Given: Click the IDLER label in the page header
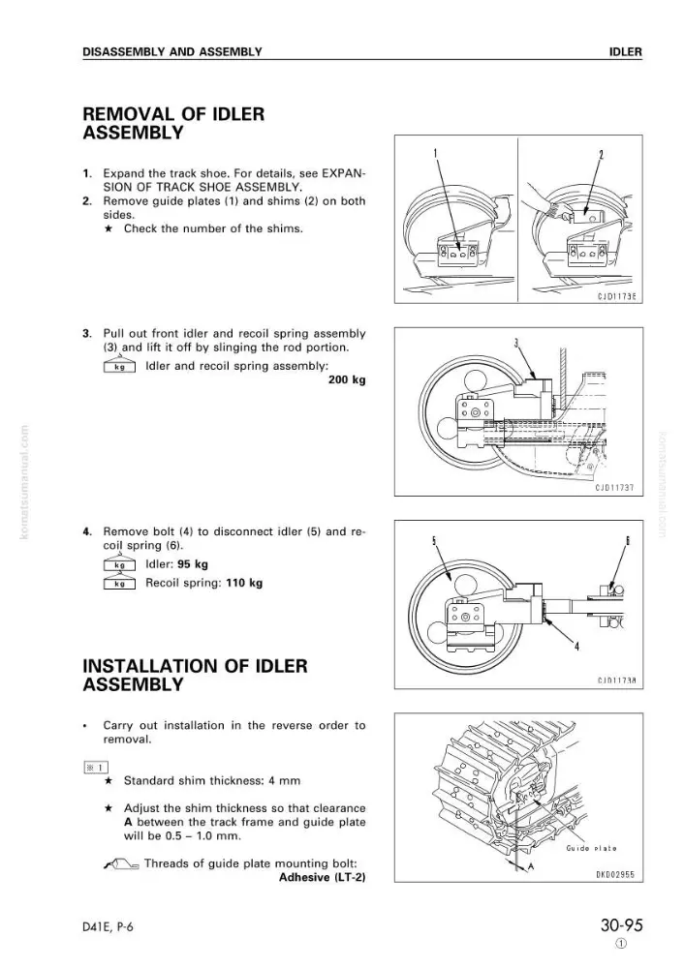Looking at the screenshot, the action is pyautogui.click(x=625, y=52).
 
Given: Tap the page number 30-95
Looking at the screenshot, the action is pyautogui.click(x=621, y=926).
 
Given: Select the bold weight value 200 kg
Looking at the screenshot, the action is pyautogui.click(x=347, y=379).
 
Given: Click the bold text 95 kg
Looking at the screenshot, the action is pyautogui.click(x=192, y=564).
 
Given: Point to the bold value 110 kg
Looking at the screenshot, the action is pyautogui.click(x=244, y=583).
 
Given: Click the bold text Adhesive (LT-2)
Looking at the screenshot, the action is pyautogui.click(x=322, y=877).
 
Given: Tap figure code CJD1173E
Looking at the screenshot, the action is pyautogui.click(x=616, y=296).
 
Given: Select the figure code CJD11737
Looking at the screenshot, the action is pyautogui.click(x=614, y=488).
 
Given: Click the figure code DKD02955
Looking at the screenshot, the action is pyautogui.click(x=615, y=874).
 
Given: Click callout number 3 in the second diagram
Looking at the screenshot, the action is pyautogui.click(x=516, y=344).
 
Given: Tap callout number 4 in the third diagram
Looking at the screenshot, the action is pyautogui.click(x=576, y=647).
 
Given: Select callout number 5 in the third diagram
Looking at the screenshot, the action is pyautogui.click(x=434, y=540).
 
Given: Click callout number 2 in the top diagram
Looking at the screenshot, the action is pyautogui.click(x=601, y=154).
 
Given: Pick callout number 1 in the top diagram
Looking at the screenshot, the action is pyautogui.click(x=435, y=153).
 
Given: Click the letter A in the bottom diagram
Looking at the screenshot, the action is pyautogui.click(x=530, y=867).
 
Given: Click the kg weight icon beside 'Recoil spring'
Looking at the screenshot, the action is pyautogui.click(x=119, y=582).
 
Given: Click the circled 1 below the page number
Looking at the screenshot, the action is pyautogui.click(x=621, y=944).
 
